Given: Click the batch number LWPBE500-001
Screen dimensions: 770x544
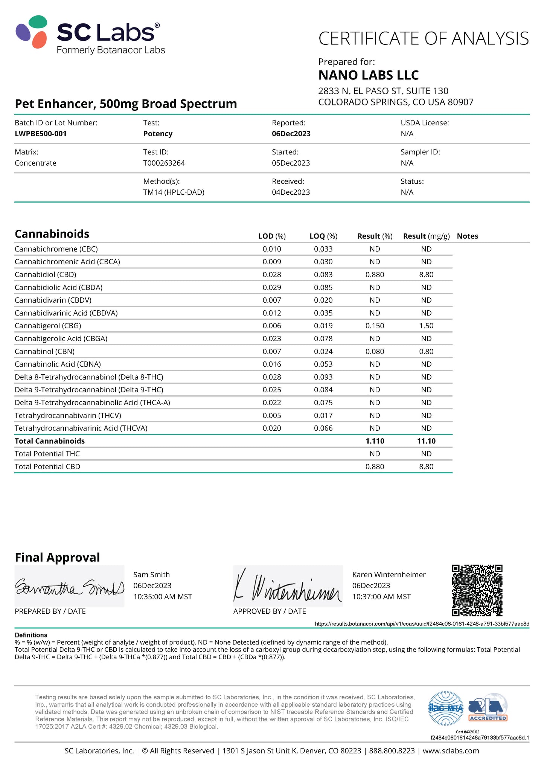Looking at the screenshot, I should click(41, 134).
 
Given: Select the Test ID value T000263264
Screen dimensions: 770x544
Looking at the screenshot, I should click(164, 163).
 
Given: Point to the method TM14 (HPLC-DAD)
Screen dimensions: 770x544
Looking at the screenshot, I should click(174, 192).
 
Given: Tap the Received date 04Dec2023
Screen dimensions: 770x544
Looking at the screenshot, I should click(291, 192).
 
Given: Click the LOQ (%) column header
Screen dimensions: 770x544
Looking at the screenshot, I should click(323, 236).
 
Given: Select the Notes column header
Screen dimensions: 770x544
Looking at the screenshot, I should click(467, 236).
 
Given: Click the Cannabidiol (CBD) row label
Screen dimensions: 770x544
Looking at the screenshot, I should click(45, 274).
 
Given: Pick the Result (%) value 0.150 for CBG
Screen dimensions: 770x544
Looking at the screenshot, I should click(375, 326).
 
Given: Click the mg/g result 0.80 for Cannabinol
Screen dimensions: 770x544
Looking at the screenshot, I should click(426, 351).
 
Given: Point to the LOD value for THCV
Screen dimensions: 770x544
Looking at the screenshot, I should click(272, 415).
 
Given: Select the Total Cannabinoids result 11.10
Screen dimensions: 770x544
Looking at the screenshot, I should click(426, 441).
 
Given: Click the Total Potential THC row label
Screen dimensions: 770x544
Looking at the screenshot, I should click(47, 454).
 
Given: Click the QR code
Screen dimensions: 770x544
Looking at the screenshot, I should click(477, 590).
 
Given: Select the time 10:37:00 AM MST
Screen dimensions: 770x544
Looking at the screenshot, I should click(381, 597).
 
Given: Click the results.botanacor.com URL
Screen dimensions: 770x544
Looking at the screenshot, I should click(422, 624).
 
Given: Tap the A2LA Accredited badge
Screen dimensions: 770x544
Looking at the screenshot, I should click(488, 708).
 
